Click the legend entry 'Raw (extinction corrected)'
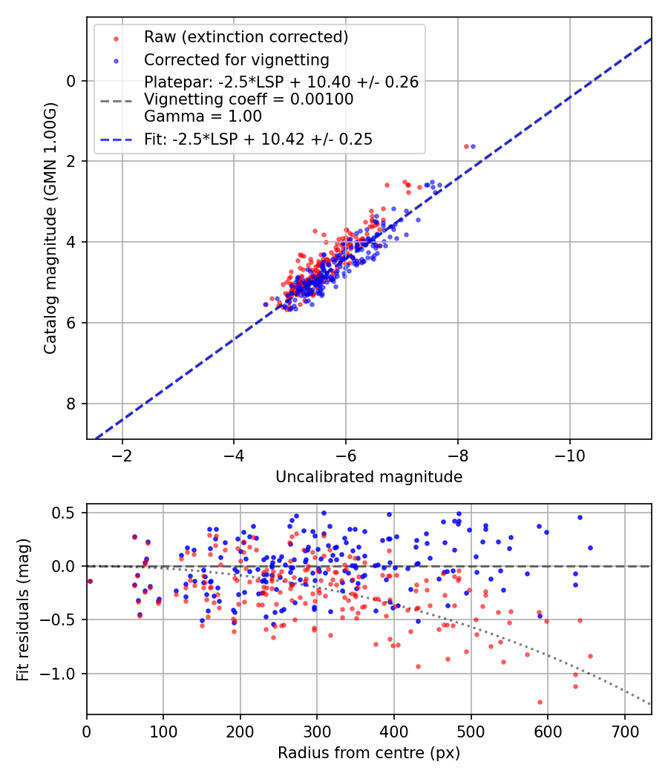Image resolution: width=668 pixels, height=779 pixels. (246, 37)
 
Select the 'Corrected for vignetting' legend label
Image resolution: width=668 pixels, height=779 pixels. (236, 59)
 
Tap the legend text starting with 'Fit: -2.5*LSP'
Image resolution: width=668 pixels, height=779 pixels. (258, 139)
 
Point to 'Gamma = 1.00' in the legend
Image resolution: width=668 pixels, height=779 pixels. (203, 116)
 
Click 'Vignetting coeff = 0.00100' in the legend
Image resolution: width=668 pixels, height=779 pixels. (249, 99)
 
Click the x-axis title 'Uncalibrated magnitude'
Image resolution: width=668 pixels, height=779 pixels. (369, 477)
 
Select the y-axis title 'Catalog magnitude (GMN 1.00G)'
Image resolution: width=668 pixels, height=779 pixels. (50, 229)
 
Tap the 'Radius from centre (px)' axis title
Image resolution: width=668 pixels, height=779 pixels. (369, 753)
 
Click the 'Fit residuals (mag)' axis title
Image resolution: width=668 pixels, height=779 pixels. (23, 609)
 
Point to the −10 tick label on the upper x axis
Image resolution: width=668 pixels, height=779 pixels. (569, 453)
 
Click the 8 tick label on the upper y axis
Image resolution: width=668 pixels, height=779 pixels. (71, 404)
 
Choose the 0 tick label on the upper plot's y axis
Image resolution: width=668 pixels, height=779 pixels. (71, 81)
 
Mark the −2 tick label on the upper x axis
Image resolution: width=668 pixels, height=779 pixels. (122, 453)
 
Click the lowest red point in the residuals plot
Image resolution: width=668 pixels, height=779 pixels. (540, 702)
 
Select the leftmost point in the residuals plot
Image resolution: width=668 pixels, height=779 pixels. (90, 581)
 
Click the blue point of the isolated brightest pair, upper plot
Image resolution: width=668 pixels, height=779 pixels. (473, 146)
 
